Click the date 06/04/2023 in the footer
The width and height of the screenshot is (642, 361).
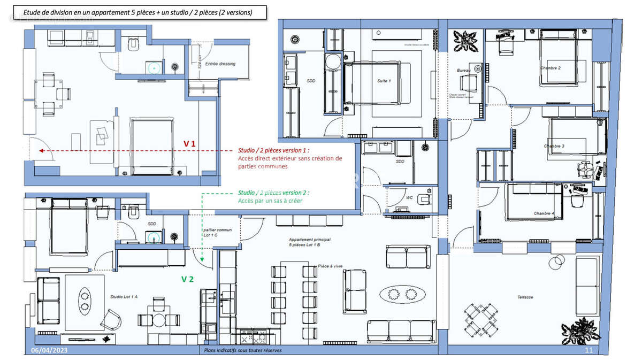point(49,350)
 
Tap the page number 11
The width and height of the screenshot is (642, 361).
point(589,350)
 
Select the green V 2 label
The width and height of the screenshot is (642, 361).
point(187,279)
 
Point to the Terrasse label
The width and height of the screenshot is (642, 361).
point(525,297)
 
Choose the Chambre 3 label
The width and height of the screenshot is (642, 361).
point(554,146)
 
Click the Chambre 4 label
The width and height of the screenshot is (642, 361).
point(544,213)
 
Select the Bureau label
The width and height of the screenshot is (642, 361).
point(463,71)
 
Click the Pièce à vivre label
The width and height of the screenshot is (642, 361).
point(331,266)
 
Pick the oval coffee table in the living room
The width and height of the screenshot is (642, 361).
point(402,293)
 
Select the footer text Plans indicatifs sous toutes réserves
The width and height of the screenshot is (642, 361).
point(242,351)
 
